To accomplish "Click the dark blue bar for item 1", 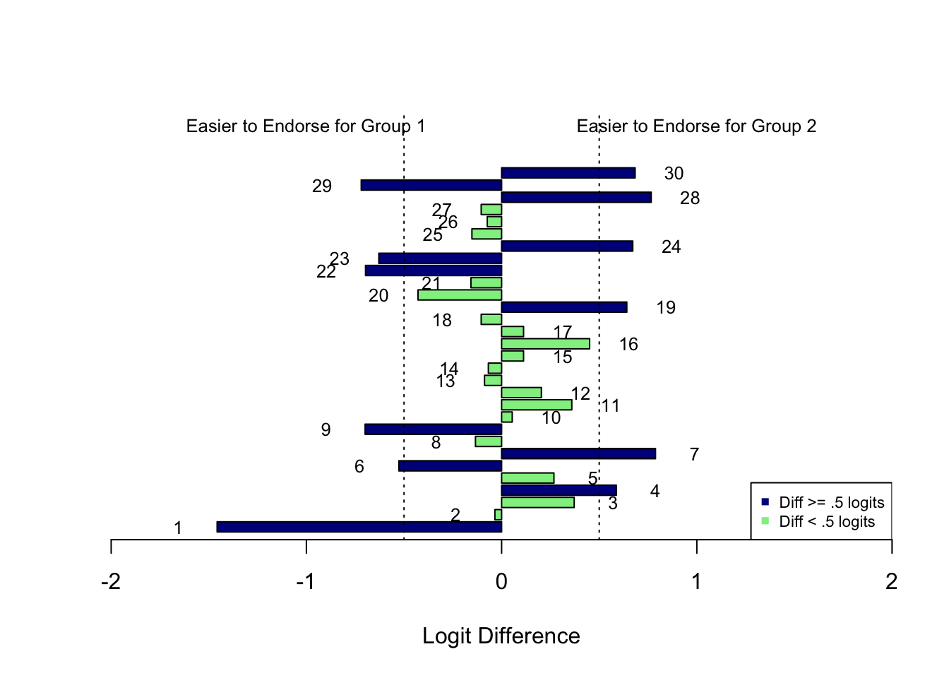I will pos(359,527).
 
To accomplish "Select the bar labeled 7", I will pos(578,453).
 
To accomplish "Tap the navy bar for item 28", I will pos(576,198).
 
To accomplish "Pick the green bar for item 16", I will pos(545,344).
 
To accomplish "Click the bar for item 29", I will pos(431,185).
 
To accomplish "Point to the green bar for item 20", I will pos(460,295).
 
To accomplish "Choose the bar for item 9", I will pos(433,429).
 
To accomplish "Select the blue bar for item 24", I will pos(567,246).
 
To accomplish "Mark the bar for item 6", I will pos(450,466).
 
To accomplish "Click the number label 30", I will pos(674,174).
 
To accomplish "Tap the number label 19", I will pos(666,308).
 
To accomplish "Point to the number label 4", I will pos(655,492).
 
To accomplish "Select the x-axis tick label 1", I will pos(696,582).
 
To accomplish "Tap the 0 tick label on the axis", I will pos(501,582).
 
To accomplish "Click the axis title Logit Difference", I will pos(501,636).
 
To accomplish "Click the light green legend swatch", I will pos(765,521).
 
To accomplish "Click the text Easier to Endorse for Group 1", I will pos(305,126).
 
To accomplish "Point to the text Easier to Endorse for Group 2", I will pos(696,126).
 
